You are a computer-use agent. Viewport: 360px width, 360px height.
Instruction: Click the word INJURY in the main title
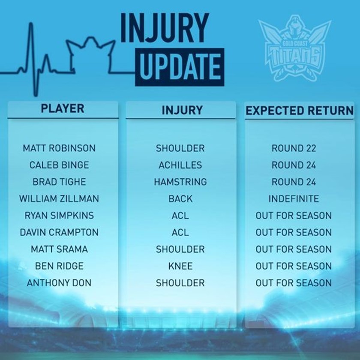point(165,28)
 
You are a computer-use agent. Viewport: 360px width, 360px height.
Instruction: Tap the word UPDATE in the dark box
point(180,67)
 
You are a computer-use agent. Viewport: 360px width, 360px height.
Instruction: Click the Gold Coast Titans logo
point(294,48)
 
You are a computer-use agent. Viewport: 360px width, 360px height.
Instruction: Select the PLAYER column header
point(63,108)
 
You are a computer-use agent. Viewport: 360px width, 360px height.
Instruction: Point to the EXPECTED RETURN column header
point(300,111)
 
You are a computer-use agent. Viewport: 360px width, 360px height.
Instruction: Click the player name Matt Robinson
point(59,148)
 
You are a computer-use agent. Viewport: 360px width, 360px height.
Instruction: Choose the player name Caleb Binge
point(59,165)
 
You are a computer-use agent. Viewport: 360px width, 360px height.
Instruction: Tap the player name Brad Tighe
point(59,182)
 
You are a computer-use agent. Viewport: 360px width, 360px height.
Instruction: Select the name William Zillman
point(59,198)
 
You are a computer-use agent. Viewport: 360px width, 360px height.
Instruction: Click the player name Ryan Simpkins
point(59,215)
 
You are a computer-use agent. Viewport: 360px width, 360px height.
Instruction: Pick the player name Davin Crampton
point(59,232)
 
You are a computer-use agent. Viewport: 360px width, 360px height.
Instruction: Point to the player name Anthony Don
point(59,282)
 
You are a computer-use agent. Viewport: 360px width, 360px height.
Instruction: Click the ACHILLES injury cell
point(180,165)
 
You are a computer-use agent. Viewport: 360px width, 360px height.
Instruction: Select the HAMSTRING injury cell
point(180,182)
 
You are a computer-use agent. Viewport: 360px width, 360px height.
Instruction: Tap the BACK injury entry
point(180,198)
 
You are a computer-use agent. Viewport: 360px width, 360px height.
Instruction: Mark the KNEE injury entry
point(180,266)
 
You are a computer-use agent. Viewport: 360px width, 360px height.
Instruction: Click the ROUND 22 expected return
point(294,148)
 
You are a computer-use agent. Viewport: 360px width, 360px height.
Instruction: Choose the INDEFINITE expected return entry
point(294,198)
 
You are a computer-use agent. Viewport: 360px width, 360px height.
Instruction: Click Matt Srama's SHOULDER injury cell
point(180,249)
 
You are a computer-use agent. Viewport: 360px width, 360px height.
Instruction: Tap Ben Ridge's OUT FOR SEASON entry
point(294,266)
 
